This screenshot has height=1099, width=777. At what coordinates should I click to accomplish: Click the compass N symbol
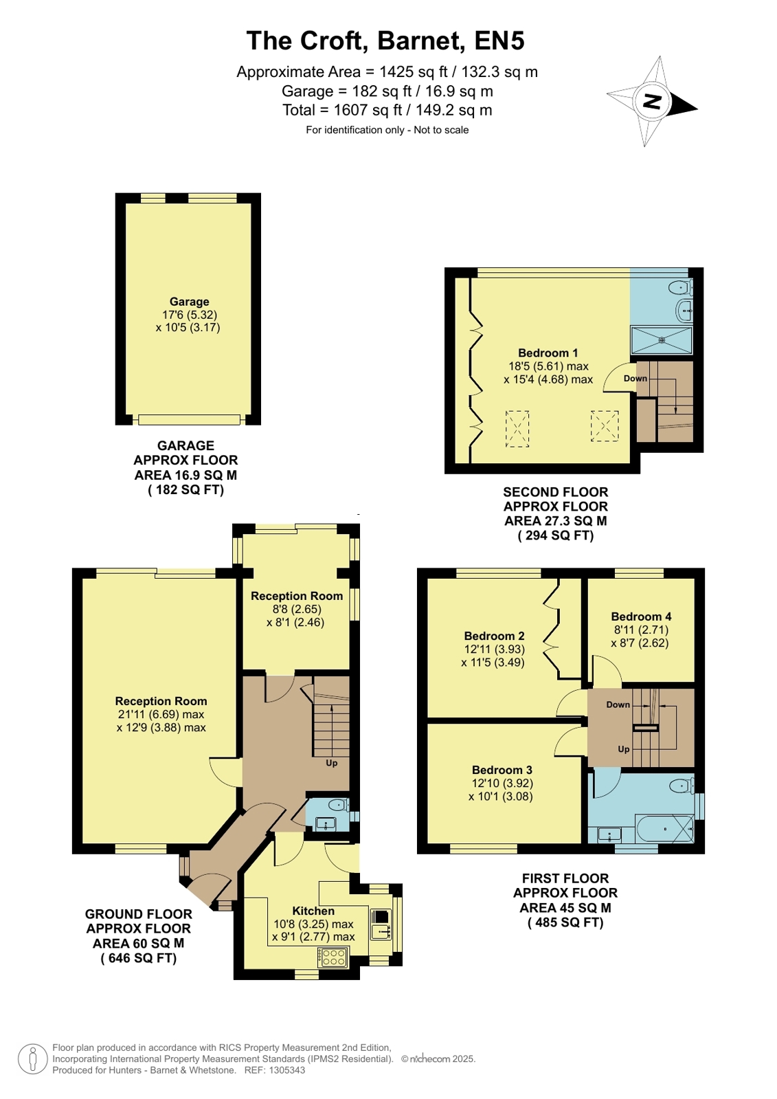[x=653, y=102]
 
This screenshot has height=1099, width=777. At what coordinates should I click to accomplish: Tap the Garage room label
[x=190, y=302]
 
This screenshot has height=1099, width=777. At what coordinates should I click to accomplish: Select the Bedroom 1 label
[x=548, y=353]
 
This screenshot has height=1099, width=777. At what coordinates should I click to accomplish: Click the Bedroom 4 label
[x=641, y=617]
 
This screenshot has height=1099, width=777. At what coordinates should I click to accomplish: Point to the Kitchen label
[x=313, y=911]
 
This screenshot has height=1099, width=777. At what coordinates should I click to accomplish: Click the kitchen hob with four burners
[x=334, y=957]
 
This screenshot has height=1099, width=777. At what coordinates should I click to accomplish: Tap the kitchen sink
[x=381, y=924]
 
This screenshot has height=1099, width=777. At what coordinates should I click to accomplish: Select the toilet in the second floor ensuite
[x=681, y=288]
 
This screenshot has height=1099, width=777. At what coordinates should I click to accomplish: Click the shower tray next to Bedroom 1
[x=661, y=340]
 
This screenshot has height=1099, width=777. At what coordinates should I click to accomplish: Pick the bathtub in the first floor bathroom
[x=664, y=829]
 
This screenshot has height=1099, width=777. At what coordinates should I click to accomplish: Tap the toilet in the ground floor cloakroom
[x=339, y=805]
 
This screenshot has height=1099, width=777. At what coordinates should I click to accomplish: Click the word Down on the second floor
[x=635, y=378]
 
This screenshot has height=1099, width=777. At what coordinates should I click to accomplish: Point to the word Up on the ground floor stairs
[x=332, y=763]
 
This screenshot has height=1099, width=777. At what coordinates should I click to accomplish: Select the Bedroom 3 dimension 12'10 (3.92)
[x=502, y=783]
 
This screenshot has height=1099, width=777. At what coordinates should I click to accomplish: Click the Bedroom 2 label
[x=495, y=636]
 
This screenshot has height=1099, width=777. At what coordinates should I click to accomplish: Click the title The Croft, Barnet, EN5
[x=385, y=41]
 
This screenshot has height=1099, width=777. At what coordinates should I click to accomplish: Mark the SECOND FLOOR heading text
[x=556, y=491]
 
